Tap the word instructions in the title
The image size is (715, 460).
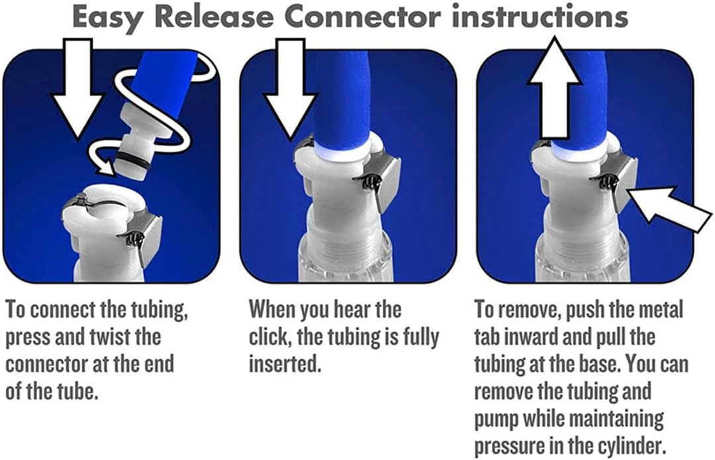[x=539, y=19]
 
